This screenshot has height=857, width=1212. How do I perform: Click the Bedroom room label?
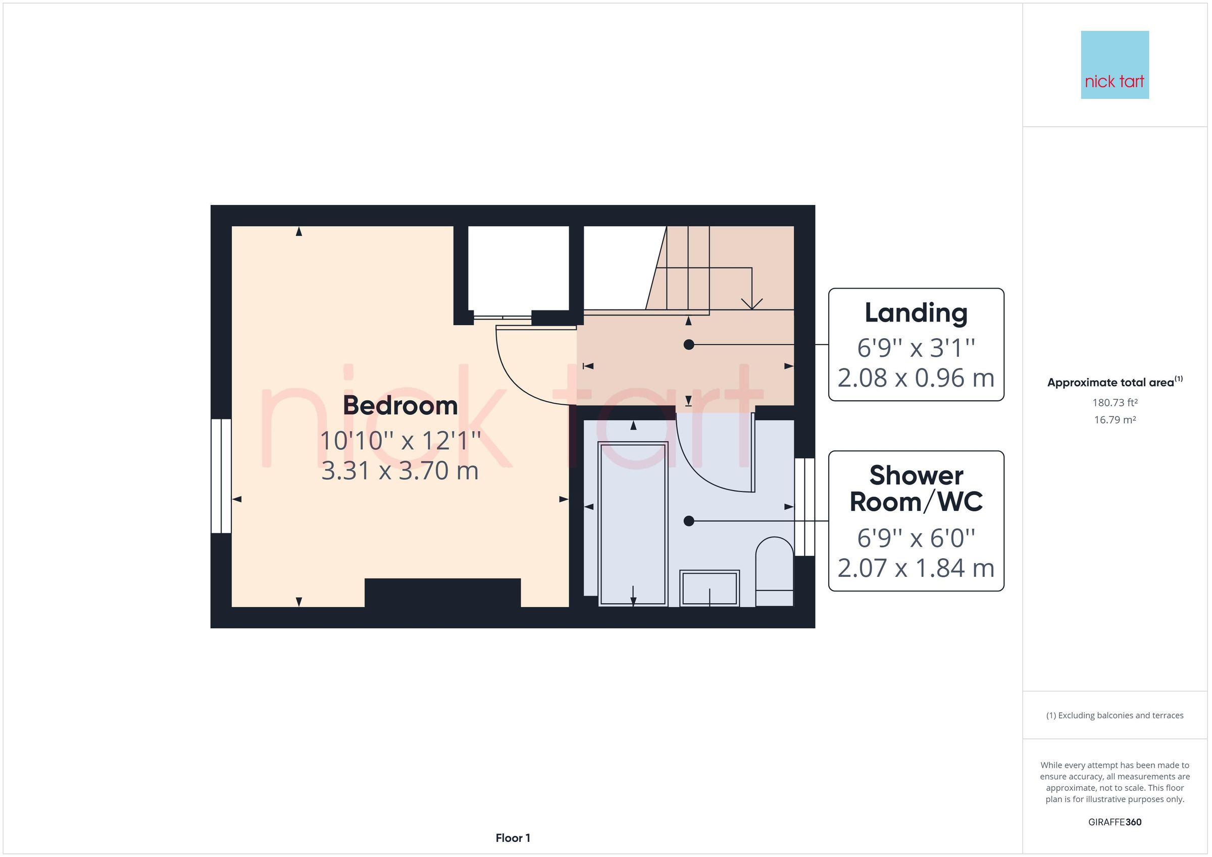(x=400, y=405)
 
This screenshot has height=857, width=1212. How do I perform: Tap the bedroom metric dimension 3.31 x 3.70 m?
(x=400, y=471)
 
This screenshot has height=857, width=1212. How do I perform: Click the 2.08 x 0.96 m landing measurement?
(x=916, y=378)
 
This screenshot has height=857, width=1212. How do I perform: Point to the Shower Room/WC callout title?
(x=916, y=489)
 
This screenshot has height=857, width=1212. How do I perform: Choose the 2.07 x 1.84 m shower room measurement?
(x=916, y=568)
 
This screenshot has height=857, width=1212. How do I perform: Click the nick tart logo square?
(x=1115, y=65)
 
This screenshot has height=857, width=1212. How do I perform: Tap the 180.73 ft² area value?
(x=1115, y=403)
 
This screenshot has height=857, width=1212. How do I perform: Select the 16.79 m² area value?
(x=1115, y=420)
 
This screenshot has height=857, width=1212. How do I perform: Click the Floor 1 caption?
(x=513, y=838)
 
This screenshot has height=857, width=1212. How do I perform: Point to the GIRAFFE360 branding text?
(x=1115, y=822)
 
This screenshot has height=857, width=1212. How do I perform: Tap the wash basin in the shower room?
(x=709, y=588)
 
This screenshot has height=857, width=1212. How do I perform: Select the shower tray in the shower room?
(x=633, y=522)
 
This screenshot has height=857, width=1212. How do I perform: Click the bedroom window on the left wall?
(x=221, y=475)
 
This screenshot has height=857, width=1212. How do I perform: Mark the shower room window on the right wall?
(x=804, y=507)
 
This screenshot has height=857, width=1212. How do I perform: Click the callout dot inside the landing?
(x=688, y=345)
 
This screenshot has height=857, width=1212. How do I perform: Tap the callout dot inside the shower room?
(x=688, y=521)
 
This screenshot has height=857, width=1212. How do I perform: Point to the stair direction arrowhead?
(x=752, y=304)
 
